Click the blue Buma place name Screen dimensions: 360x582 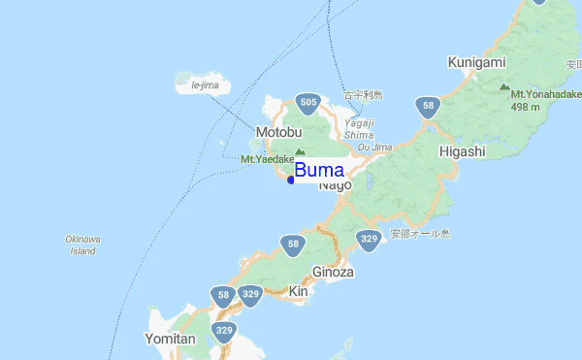[318, 171]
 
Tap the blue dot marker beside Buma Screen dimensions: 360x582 [291, 179]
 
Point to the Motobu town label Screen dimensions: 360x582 [280, 132]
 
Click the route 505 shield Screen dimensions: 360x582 [308, 102]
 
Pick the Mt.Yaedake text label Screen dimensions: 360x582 [267, 159]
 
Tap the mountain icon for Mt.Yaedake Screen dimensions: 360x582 [300, 151]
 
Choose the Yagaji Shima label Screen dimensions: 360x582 [358, 129]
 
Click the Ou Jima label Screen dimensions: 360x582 [374, 147]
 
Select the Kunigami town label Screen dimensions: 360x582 [476, 62]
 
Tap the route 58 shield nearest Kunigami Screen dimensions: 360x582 [427, 106]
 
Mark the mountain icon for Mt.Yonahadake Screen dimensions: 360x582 [503, 86]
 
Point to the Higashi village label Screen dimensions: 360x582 [461, 151]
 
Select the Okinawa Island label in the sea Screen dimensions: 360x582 [83, 245]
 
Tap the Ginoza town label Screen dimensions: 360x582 [333, 273]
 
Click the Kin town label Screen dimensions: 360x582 [298, 291]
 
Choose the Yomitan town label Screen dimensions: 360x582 [172, 339]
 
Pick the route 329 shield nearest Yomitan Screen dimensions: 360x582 [225, 331]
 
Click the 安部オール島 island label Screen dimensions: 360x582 [421, 233]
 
